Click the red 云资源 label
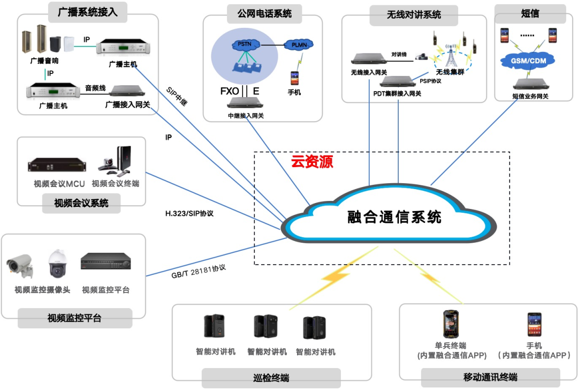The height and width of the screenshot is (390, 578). (312, 162)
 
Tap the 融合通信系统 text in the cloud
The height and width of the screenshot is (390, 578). (394, 217)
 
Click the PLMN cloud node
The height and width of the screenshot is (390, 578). (299, 45)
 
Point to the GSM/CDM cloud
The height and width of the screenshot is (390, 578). (528, 61)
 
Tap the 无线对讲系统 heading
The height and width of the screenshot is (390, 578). (414, 16)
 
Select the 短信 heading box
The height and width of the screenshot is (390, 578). (530, 13)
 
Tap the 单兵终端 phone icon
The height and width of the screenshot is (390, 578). (450, 324)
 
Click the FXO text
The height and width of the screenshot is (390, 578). (229, 91)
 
